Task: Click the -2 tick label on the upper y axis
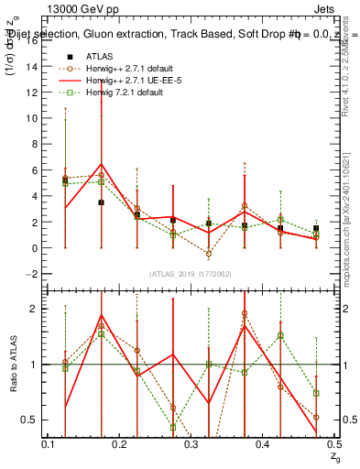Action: point(34,274)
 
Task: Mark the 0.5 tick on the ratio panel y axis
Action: point(33,420)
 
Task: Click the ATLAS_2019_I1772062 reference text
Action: point(192,275)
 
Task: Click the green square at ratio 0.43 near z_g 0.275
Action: point(172,427)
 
